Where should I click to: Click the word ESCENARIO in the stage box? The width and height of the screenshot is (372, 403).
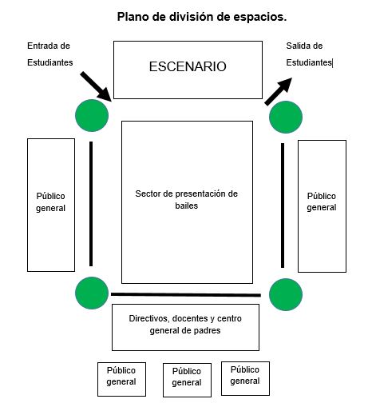pos(188,66)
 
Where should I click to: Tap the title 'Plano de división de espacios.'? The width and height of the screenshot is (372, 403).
pos(202,17)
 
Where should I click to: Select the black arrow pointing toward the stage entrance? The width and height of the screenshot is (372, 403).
pos(97,86)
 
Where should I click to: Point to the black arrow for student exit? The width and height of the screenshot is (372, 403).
pos(279,91)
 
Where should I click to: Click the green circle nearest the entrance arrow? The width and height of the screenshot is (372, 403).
pos(92,115)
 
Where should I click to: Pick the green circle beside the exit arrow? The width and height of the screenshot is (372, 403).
pos(286,117)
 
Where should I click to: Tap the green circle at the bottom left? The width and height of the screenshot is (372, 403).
pos(92,293)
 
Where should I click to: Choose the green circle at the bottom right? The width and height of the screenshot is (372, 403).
pos(286,294)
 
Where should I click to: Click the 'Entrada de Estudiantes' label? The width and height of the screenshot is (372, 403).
pos(50,54)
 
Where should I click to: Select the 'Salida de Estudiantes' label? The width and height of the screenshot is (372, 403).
pos(309,54)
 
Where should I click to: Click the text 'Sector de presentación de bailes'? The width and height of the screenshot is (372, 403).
pos(186,199)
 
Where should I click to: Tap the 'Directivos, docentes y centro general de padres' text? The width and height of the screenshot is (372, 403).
pos(185,325)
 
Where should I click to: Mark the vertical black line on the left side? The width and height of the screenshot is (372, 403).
pos(91,204)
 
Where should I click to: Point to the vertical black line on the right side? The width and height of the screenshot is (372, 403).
pos(283,205)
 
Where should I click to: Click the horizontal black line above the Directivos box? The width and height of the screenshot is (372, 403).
pos(186,294)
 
